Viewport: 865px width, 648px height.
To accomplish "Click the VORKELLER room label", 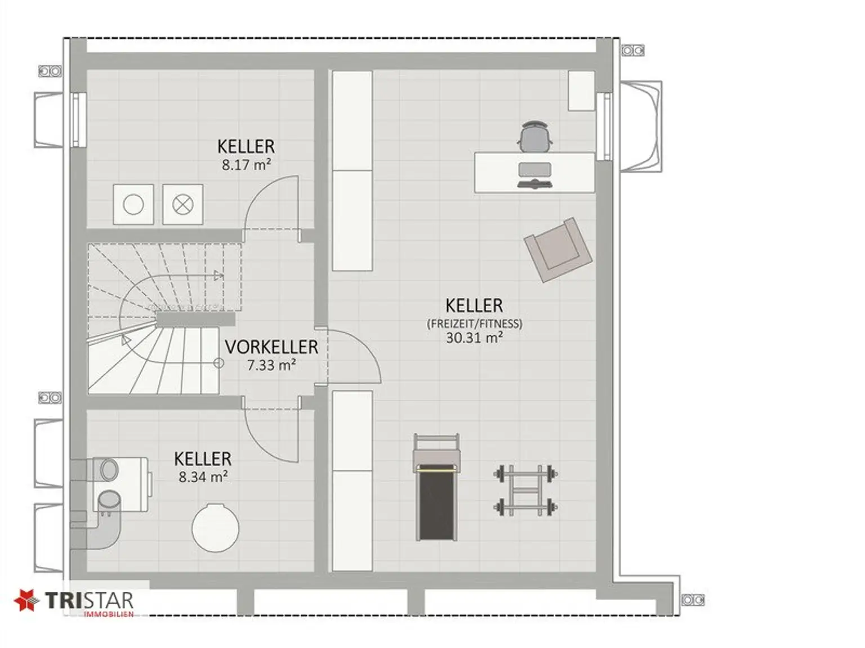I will click(271, 347).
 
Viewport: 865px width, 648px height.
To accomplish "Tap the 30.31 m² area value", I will click(474, 337).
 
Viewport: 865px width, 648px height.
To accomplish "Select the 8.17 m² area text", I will click(246, 165).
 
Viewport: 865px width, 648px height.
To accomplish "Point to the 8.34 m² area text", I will click(203, 477).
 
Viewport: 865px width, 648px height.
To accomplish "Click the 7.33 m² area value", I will click(271, 365).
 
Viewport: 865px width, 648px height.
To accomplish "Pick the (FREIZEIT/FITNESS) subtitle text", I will click(474, 323).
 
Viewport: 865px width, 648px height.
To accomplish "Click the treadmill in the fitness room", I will click(436, 487).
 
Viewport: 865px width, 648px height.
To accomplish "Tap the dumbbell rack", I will click(525, 490).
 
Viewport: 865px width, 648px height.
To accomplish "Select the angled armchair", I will click(558, 249).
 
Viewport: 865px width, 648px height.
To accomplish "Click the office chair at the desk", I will click(534, 137).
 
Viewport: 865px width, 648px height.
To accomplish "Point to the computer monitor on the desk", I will click(534, 169).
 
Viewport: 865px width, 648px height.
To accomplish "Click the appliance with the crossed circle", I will click(182, 204).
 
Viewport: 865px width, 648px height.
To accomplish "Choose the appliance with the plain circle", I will click(133, 204).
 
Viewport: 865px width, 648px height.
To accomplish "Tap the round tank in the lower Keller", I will click(215, 528).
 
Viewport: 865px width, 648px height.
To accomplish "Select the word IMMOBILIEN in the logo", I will click(109, 614).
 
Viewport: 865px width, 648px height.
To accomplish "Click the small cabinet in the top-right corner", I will click(581, 91).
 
